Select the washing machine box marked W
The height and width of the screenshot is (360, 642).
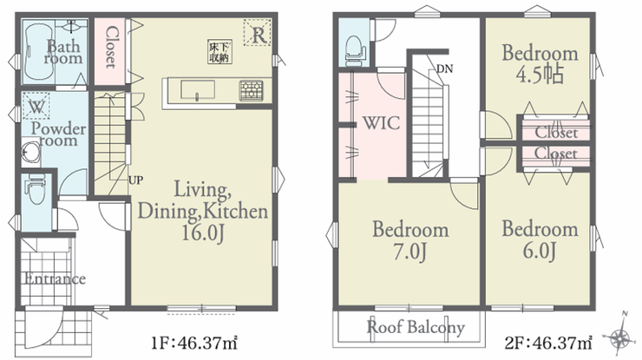[x=36, y=106]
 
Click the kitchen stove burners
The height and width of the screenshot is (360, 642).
[x=251, y=90]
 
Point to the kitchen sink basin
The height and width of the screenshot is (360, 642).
[x=198, y=89]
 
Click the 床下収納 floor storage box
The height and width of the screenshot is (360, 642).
[x=219, y=51]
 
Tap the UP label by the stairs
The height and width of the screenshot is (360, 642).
[x=136, y=180]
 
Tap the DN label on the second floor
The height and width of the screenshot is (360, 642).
[x=445, y=69]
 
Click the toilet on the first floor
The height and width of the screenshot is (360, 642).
[x=36, y=190]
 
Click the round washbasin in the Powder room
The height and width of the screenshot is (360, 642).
[x=29, y=153]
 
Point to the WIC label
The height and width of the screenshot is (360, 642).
[x=381, y=123]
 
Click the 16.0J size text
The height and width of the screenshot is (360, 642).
[x=203, y=234]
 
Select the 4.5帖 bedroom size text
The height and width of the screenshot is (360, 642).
[x=540, y=75]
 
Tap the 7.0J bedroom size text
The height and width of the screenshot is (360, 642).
[x=409, y=251]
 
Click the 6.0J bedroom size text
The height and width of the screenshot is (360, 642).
[x=540, y=250]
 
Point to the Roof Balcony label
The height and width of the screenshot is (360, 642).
[x=416, y=327]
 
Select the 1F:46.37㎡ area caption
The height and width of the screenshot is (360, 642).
[x=194, y=343]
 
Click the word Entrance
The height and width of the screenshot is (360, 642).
[x=55, y=279]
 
